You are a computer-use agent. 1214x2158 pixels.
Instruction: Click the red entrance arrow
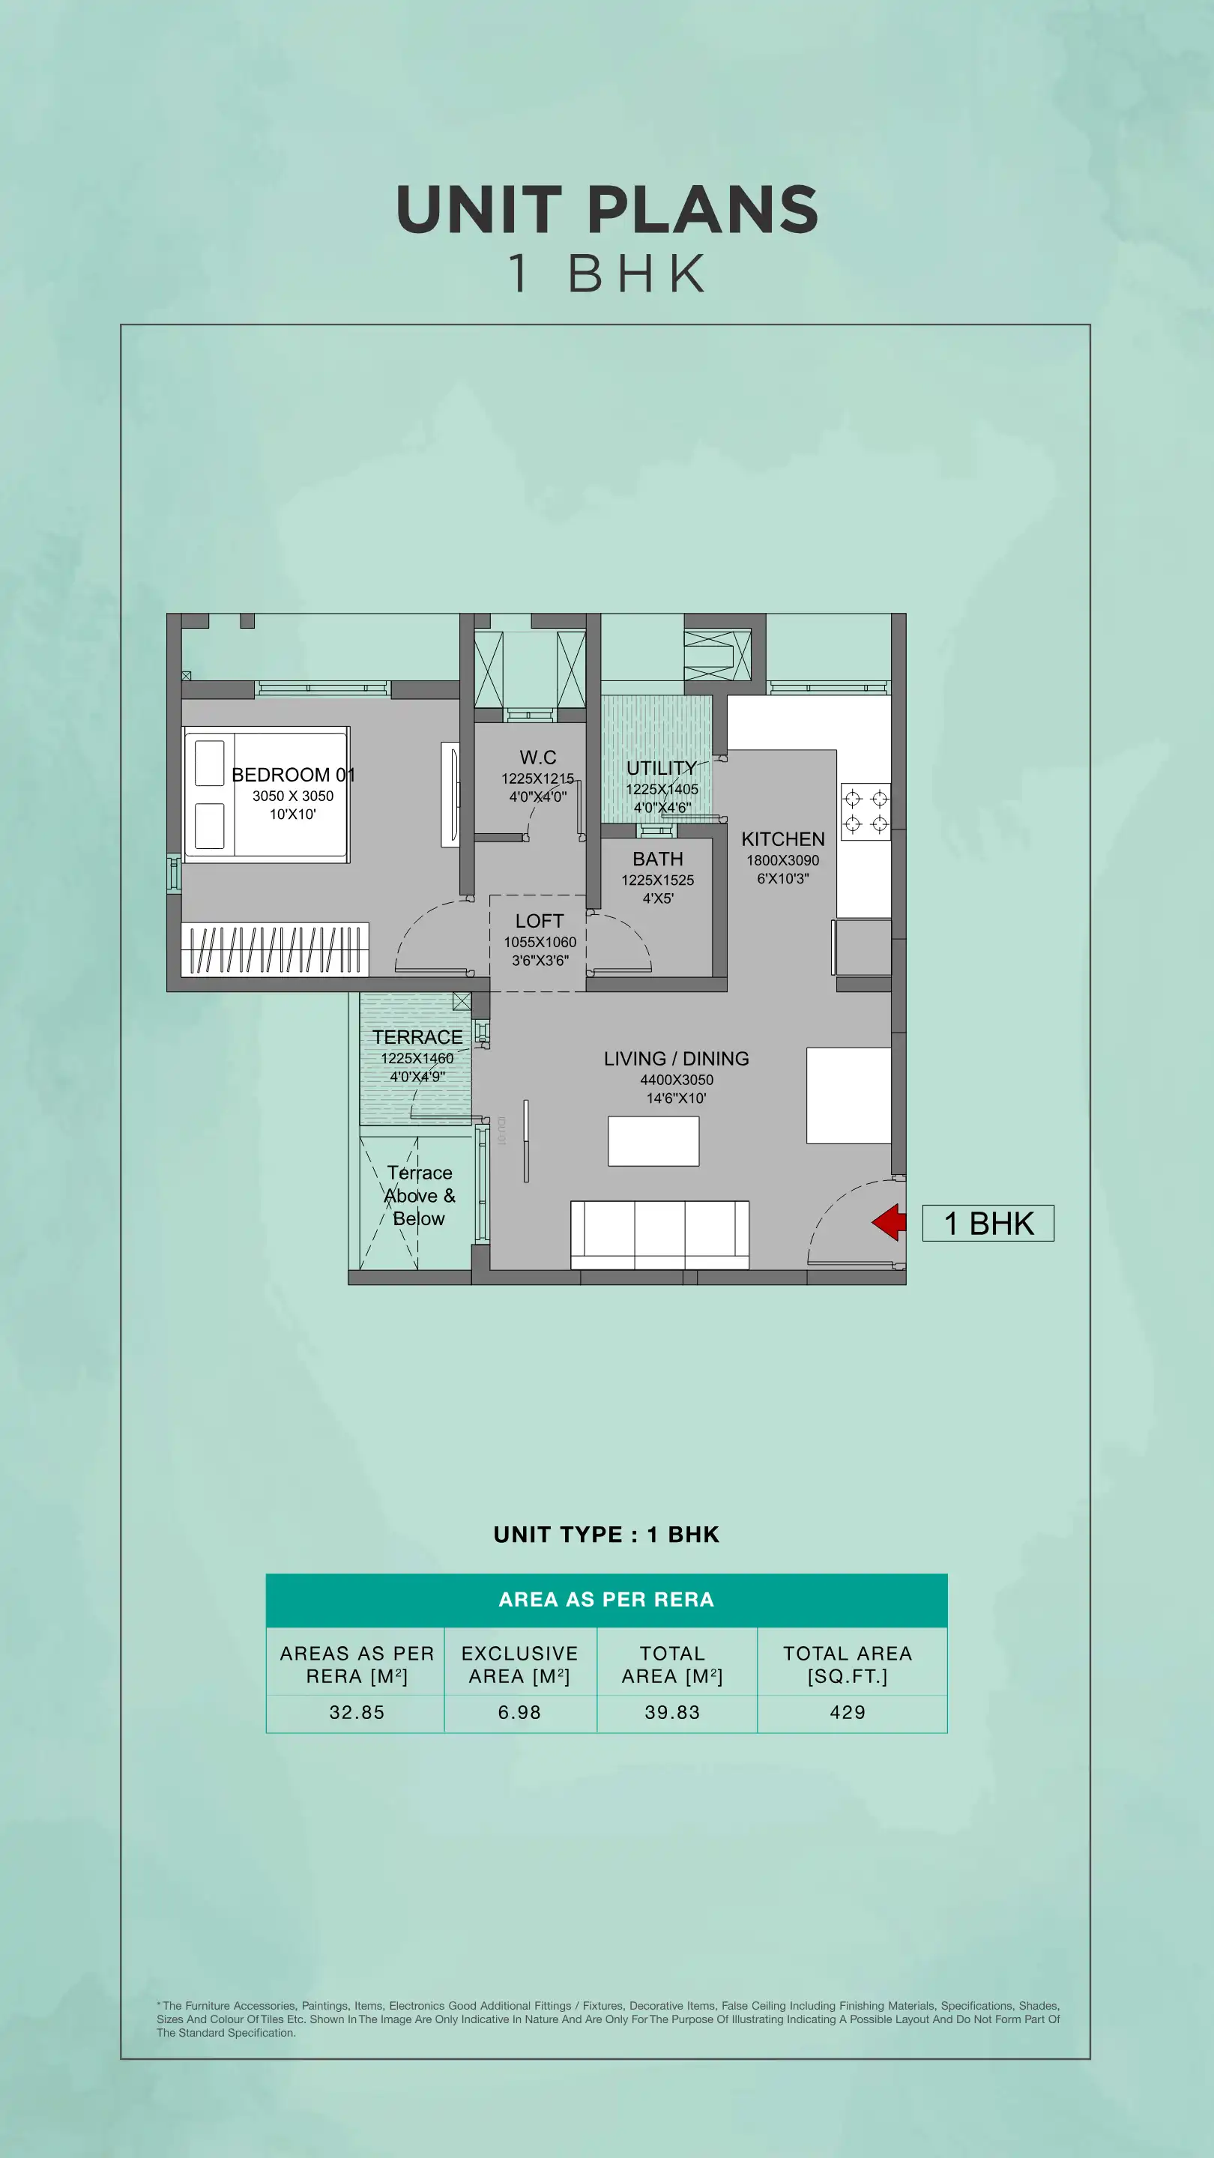890,1222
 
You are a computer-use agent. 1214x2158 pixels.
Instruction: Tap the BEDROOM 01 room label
293,775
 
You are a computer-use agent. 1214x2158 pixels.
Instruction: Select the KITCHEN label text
782,839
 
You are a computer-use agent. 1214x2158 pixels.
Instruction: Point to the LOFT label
540,921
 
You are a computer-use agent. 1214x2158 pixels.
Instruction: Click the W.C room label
538,758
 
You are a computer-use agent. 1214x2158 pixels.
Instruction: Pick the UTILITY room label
661,768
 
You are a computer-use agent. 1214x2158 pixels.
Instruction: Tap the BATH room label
658,859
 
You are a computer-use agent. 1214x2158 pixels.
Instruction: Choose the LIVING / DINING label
676,1059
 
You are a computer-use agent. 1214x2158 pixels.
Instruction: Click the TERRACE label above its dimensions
417,1037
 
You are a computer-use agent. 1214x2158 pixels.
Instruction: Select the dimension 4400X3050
676,1080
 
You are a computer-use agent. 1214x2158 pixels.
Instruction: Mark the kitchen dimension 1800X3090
782,860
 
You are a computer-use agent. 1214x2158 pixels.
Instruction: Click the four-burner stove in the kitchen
866,811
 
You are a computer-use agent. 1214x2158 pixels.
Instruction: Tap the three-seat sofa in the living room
659,1235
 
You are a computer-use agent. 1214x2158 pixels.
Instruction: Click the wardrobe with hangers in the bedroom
275,949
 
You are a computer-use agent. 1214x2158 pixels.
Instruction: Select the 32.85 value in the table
357,1712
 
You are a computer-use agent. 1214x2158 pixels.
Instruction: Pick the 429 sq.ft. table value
847,1712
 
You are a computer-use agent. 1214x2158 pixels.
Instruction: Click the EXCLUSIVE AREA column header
519,1664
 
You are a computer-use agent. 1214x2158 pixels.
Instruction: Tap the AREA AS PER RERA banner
606,1599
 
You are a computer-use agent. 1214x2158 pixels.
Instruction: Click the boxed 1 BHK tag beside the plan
988,1223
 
